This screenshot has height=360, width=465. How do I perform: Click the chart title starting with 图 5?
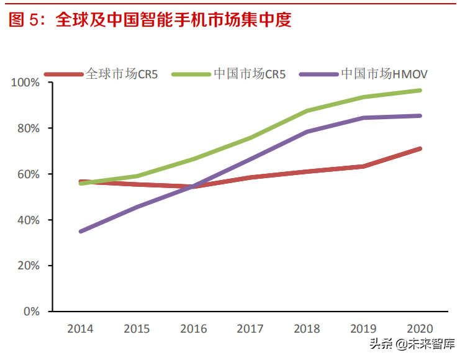[x=150, y=20]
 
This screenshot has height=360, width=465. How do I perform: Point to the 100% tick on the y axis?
[x=26, y=83]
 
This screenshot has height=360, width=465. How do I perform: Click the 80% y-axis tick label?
[x=29, y=128]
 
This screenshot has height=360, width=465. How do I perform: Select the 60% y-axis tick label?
[x=29, y=174]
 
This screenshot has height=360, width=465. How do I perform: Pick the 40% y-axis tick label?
[x=29, y=220]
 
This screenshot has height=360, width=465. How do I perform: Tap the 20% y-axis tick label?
[x=29, y=266]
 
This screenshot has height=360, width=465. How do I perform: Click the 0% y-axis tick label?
[x=32, y=312]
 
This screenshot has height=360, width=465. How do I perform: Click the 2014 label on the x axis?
[x=81, y=329]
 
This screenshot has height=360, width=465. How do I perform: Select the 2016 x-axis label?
[x=194, y=329]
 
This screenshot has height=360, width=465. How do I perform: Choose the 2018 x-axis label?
[x=307, y=329]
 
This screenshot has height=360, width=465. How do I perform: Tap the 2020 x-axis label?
[x=420, y=329]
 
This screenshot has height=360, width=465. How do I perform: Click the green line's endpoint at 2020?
[x=420, y=91]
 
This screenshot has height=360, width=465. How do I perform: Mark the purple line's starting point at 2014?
[x=81, y=232]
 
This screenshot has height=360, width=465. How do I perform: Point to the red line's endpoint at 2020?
[x=420, y=149]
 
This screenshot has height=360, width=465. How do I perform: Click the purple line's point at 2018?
[x=307, y=132]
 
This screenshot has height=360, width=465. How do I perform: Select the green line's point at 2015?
[x=137, y=176]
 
